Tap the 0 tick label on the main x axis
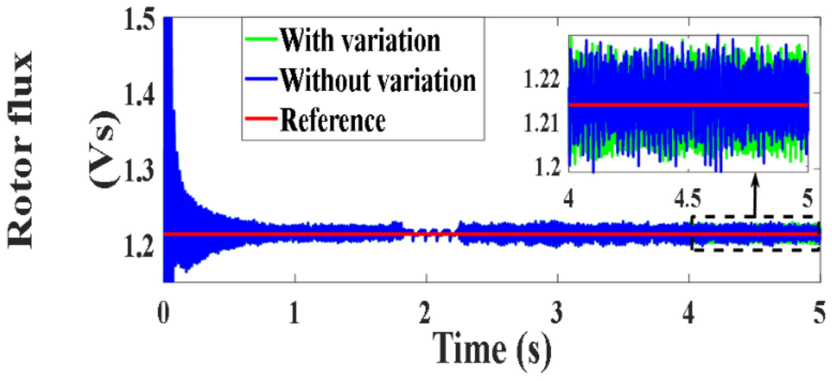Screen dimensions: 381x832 coord(163,313)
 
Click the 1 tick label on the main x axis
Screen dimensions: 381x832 coord(295,313)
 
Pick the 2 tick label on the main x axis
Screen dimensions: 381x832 coord(426,313)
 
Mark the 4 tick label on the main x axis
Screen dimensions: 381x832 coord(688,313)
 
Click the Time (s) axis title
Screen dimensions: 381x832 coord(492,349)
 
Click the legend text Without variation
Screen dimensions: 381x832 coord(378,80)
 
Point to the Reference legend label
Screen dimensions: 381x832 coord(333,120)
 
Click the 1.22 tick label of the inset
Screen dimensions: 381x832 coord(542,79)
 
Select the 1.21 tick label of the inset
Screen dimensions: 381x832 coord(542,123)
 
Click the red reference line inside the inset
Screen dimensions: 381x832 coord(687,105)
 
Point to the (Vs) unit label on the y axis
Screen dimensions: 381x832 coord(104,150)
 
